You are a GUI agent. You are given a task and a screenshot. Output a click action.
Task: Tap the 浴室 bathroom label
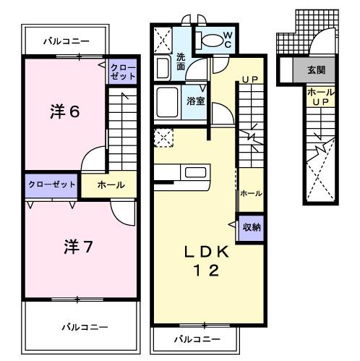[x=196, y=101]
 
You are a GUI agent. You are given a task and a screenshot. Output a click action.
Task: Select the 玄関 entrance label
[x=316, y=71]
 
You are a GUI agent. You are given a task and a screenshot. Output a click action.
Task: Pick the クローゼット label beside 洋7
[x=52, y=184]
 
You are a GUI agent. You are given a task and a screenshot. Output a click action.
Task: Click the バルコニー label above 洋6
[x=66, y=41]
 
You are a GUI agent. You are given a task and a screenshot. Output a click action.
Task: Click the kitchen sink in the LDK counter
[x=194, y=173]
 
